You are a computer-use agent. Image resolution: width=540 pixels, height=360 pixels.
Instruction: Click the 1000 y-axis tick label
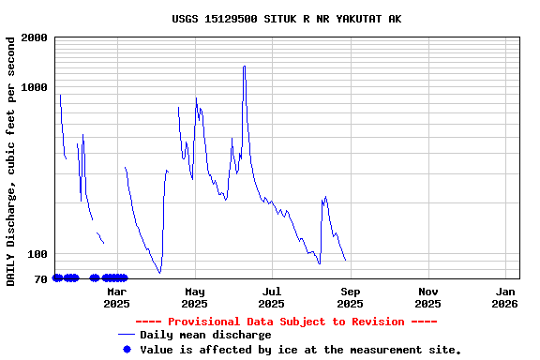click(x=36, y=87)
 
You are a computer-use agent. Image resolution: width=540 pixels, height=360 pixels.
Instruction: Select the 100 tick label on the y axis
click(x=38, y=254)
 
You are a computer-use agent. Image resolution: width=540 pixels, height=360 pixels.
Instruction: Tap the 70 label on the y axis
click(x=41, y=278)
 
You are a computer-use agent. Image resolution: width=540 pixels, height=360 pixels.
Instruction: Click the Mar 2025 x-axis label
click(x=117, y=297)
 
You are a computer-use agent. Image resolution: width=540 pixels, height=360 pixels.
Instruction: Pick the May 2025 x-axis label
click(x=195, y=297)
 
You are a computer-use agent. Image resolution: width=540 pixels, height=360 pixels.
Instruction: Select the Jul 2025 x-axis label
click(x=272, y=297)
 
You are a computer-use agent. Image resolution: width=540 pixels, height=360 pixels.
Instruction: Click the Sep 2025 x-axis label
click(x=350, y=297)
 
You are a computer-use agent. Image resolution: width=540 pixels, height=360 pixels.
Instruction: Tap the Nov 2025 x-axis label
click(x=427, y=297)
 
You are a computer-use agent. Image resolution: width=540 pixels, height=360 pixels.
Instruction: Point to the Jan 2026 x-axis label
click(x=504, y=297)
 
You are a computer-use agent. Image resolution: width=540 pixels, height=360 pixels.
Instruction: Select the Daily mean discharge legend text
click(x=205, y=335)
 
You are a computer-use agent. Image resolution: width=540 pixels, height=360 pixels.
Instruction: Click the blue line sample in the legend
click(x=127, y=335)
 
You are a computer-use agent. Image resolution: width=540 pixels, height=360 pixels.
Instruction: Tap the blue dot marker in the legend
click(x=127, y=349)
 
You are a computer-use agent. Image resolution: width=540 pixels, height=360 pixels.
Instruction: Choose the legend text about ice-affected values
click(x=300, y=349)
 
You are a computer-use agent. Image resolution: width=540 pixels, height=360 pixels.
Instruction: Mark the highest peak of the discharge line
click(x=245, y=67)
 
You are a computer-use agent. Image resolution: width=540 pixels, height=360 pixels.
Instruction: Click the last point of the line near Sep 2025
click(x=345, y=261)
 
